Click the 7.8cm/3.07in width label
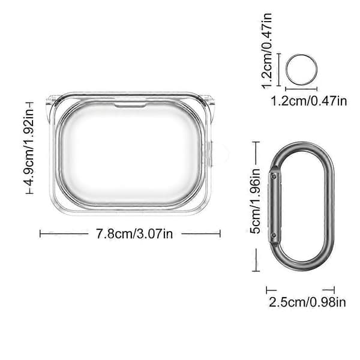coord(134,234)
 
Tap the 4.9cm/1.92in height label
coord(29,148)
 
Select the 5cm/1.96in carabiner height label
coord(256,200)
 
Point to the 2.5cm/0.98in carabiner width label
coord(307,302)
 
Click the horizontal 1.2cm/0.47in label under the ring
coord(309,101)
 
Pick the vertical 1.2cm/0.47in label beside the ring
coord(267,50)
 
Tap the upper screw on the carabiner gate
coord(273,176)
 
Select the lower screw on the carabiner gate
coord(273,235)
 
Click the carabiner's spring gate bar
coord(274,205)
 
